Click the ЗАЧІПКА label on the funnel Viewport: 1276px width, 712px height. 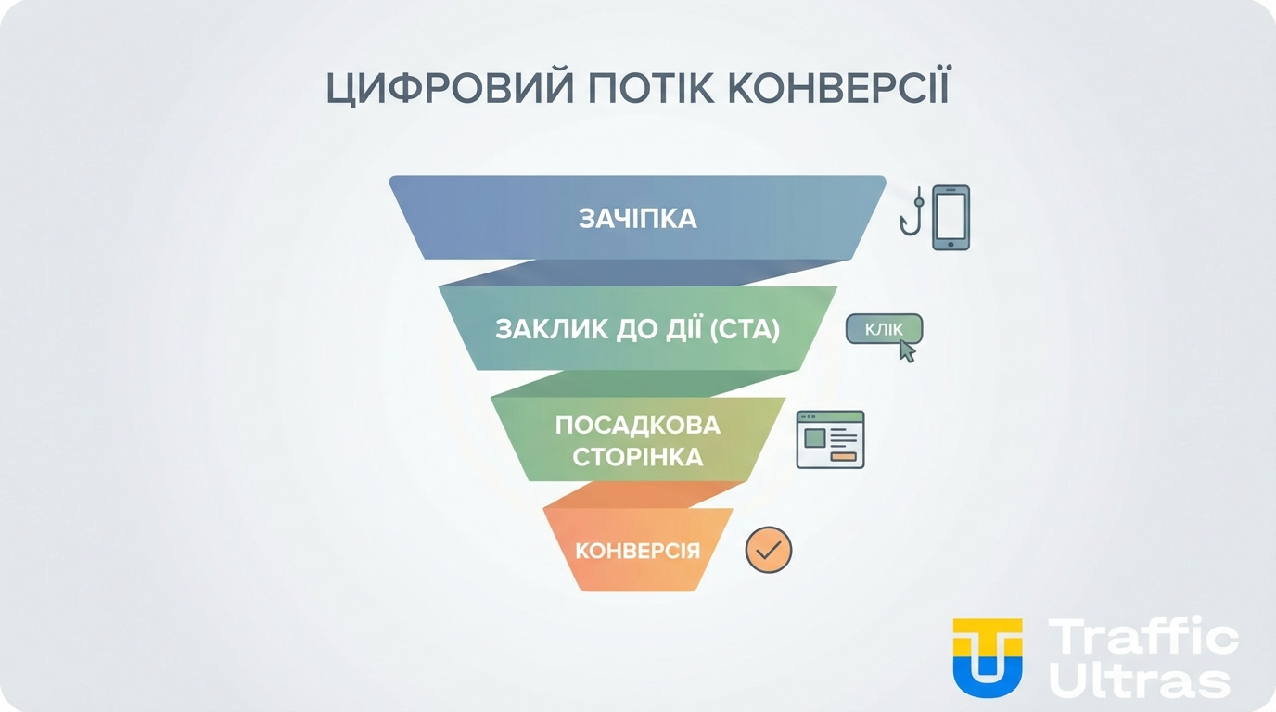(638, 219)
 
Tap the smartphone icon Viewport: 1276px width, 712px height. (951, 218)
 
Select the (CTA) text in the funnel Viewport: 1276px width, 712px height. (744, 330)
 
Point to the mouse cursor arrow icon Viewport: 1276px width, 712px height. (907, 350)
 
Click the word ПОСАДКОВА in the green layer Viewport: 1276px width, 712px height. (638, 426)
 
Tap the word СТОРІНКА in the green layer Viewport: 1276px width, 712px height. (638, 457)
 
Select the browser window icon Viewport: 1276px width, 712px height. (830, 439)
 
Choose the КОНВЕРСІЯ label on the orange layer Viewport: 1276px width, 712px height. (638, 551)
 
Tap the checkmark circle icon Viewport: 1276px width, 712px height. (769, 550)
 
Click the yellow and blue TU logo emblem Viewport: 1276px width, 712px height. (988, 656)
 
